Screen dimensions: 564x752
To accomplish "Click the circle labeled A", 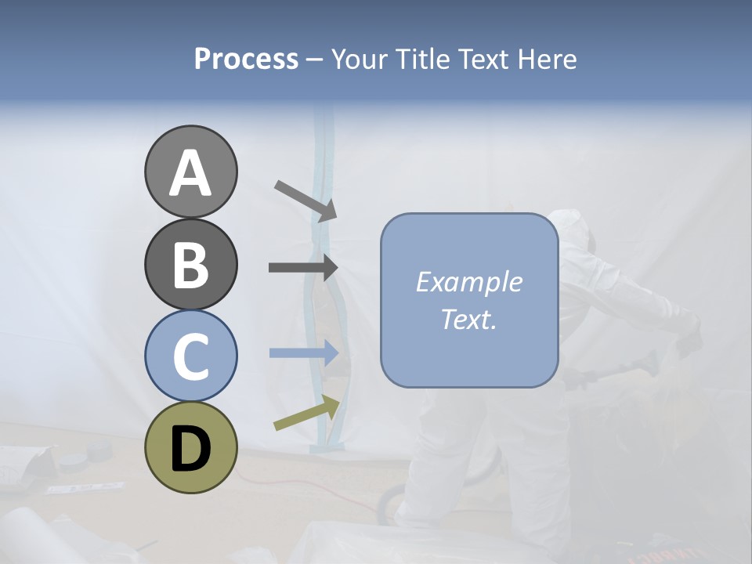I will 190,172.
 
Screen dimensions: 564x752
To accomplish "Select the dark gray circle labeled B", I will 190,264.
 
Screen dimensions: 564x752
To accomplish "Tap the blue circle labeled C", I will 190,356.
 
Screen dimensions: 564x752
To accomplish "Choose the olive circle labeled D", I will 190,447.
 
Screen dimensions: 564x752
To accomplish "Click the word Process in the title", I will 246,60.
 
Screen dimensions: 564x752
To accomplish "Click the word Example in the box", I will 468,282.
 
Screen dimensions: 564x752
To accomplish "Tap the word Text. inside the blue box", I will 468,319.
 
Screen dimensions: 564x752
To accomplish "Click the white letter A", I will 190,173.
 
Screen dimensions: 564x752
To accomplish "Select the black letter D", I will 190,449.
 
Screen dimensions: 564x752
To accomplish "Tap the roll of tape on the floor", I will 99,452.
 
